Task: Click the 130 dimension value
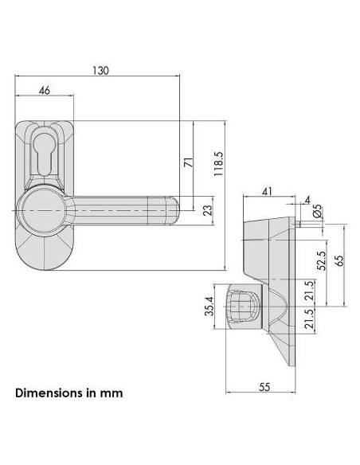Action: [x=101, y=71]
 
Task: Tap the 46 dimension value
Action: [x=45, y=90]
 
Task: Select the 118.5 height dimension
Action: [x=218, y=164]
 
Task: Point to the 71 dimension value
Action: [x=189, y=162]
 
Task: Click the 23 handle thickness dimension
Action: [x=209, y=210]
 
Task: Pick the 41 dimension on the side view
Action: [x=267, y=192]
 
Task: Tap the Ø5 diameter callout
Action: [x=317, y=211]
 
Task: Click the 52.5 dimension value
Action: [x=322, y=260]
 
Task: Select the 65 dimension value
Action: [x=340, y=260]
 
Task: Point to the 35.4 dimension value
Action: [x=209, y=306]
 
